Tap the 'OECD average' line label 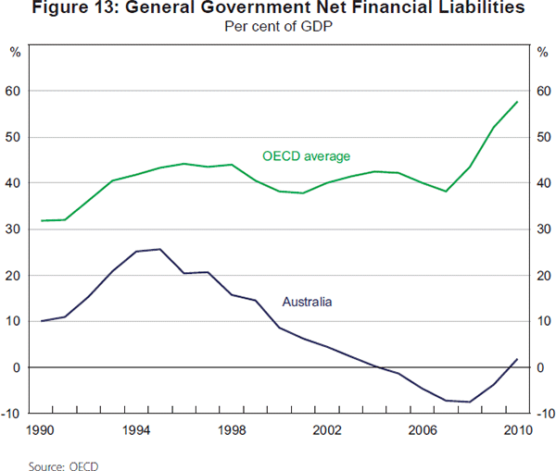[x=307, y=155]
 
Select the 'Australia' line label [x=307, y=302]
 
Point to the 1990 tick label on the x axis [x=40, y=431]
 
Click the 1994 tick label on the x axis [x=136, y=431]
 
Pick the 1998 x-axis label [x=233, y=431]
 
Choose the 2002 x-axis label [x=328, y=431]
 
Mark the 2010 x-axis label [x=516, y=431]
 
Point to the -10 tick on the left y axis [x=12, y=414]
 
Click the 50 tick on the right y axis [x=542, y=138]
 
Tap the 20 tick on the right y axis [x=542, y=276]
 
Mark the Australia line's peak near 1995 [x=160, y=249]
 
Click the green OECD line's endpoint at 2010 [x=516, y=102]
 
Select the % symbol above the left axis [x=15, y=52]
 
